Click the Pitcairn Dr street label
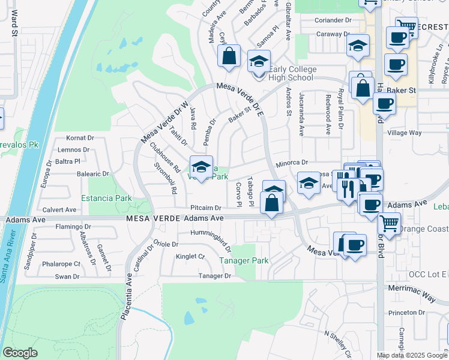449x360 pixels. click(x=206, y=208)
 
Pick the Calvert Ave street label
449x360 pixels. click(x=59, y=210)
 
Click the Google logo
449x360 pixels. click(x=20, y=353)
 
